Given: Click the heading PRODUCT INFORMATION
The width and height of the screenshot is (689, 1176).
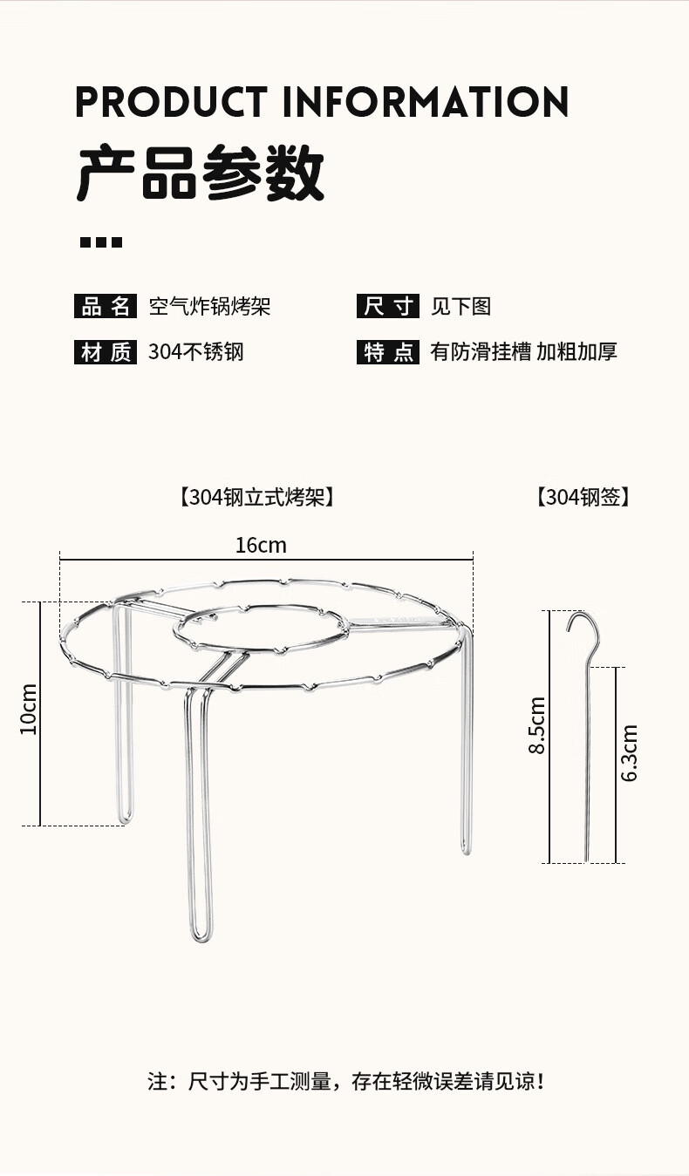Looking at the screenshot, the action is coord(322,102).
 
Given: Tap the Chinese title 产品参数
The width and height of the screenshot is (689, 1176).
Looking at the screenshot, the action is coord(201,174).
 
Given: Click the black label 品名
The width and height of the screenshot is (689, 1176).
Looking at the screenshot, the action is coord(106,307).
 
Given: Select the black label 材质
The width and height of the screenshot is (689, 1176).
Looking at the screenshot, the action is coord(106,352).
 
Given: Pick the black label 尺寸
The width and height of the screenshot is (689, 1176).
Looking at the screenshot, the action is coord(387,307).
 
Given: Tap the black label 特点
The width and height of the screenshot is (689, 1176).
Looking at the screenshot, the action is coord(387,352).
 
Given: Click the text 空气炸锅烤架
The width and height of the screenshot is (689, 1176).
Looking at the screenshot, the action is coord(209,307).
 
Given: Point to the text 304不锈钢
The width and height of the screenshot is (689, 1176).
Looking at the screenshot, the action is coord(196,352).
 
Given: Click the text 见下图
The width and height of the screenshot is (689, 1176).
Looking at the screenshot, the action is coord(460,307).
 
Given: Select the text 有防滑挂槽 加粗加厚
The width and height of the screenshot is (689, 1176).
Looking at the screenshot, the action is coord(523,352).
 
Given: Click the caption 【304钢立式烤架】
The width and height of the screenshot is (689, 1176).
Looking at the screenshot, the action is coord(256,498).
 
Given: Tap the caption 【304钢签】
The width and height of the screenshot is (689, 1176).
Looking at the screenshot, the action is coord(583,498).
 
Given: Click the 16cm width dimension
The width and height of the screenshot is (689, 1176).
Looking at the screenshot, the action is coord(261,546).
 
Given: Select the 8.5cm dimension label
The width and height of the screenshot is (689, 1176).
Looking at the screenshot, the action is coord(537,725).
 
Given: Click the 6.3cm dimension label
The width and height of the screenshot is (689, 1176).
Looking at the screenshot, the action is coord(630,752).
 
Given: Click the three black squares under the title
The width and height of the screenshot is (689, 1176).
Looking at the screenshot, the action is coord(101,242).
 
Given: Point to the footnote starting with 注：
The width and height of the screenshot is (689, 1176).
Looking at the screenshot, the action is coord(346,1083).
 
